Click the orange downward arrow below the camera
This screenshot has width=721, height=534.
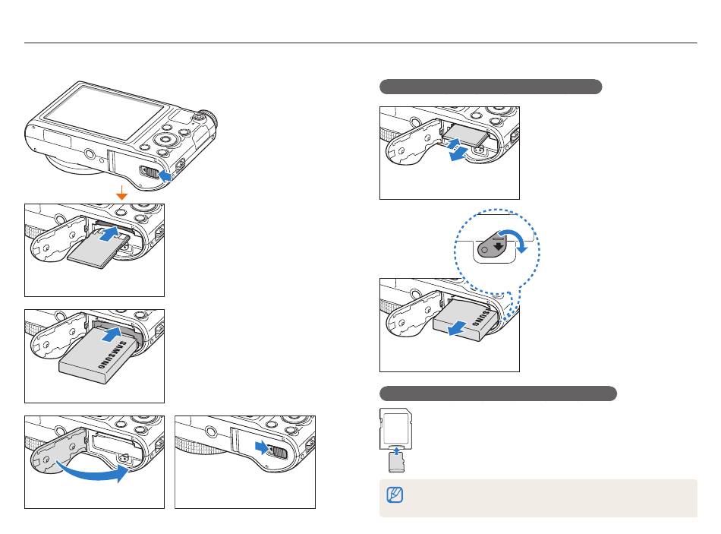click(x=121, y=195)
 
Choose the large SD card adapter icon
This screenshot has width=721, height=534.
click(x=395, y=428)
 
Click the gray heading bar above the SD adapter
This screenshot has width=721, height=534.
click(x=498, y=393)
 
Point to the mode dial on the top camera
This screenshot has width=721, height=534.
click(x=203, y=118)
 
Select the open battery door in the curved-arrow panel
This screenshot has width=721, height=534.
click(x=55, y=465)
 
